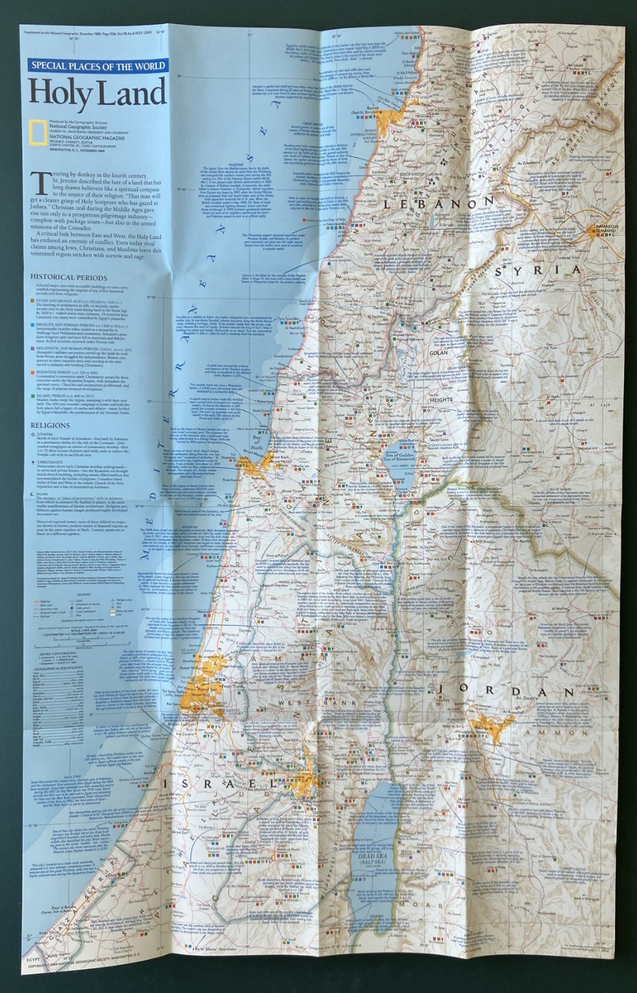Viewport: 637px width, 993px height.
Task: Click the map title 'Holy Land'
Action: coord(97,93)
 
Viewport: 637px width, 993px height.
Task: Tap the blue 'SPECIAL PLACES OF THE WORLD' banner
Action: coord(97,66)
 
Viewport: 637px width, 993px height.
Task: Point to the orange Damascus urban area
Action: coord(590,231)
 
